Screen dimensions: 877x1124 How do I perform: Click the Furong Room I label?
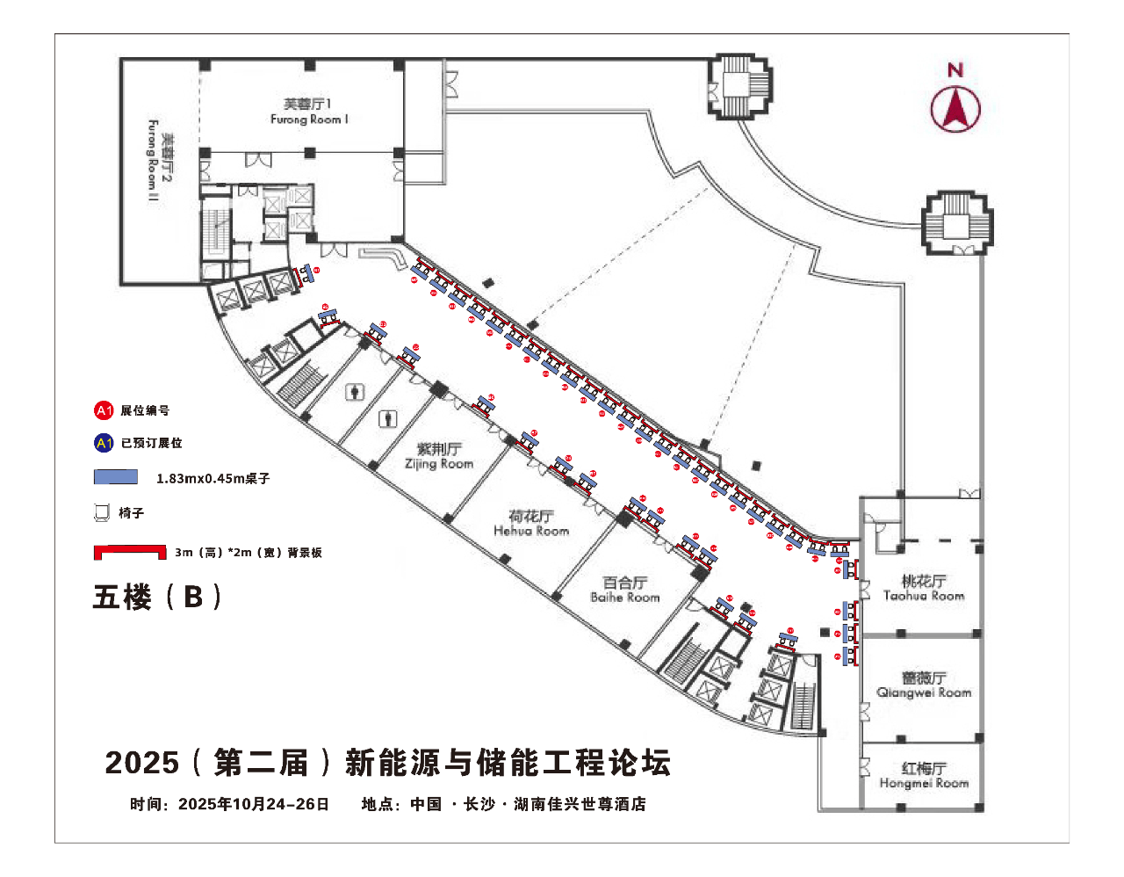coord(308,112)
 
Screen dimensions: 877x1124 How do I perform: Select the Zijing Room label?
coord(439,456)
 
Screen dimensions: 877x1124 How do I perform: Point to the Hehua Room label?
coord(531,523)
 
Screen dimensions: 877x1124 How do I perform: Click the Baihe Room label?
coord(625,590)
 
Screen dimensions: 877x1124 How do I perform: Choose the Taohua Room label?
coord(924,588)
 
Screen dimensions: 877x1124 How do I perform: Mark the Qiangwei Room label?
coord(924,685)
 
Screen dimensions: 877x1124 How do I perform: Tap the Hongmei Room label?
coord(924,775)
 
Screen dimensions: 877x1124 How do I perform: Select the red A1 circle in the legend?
coord(104,410)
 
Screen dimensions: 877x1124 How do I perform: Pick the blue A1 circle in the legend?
coord(104,443)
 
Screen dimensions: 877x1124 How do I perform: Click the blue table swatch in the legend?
coord(116,477)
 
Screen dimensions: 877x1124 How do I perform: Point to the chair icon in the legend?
coord(103,512)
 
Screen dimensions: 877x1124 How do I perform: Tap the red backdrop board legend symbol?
coord(130,552)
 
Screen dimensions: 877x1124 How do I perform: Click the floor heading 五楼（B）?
coord(157,597)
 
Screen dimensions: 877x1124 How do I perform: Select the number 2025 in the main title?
coord(141,762)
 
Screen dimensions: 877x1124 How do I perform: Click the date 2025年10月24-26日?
coord(254,804)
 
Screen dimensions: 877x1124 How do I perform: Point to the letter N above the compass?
coord(955,70)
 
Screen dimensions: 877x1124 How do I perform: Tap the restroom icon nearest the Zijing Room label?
coord(387,419)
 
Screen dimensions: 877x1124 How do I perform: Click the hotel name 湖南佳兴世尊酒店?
coord(580,804)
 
